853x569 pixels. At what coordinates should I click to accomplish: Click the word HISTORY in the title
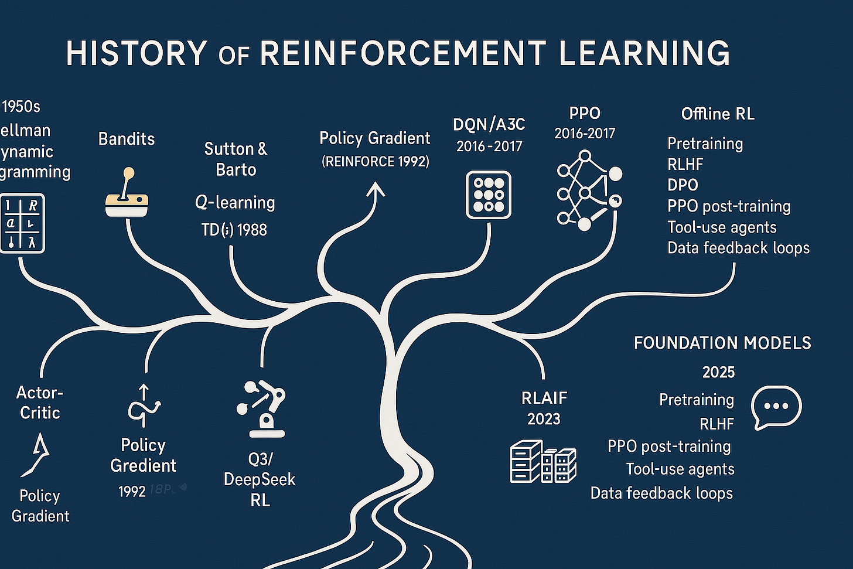pos(137,53)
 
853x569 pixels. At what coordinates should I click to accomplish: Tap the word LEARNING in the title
pos(644,53)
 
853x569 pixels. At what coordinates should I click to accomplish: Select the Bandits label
pos(127,139)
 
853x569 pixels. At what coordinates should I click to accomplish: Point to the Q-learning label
pos(235,203)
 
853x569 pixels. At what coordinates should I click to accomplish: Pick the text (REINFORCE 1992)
pos(375,161)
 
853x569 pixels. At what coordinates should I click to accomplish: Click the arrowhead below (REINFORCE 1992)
pos(375,190)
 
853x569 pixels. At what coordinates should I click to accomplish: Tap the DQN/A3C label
pos(489,124)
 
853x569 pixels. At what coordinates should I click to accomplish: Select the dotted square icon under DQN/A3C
pos(489,195)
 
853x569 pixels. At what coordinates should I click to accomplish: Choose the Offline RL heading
pos(718,114)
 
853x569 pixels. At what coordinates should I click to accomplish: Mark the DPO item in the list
pos(683,185)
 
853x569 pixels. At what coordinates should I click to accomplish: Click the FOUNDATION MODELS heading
pos(722,343)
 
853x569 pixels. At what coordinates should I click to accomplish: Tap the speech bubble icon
pos(776,407)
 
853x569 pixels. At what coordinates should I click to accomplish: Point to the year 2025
pos(718,372)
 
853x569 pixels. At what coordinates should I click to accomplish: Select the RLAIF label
pos(544,398)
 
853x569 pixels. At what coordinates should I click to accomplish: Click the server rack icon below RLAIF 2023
pos(543,461)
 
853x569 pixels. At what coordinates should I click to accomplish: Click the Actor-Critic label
pos(40,403)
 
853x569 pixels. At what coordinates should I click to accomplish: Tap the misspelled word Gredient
pos(143,466)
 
